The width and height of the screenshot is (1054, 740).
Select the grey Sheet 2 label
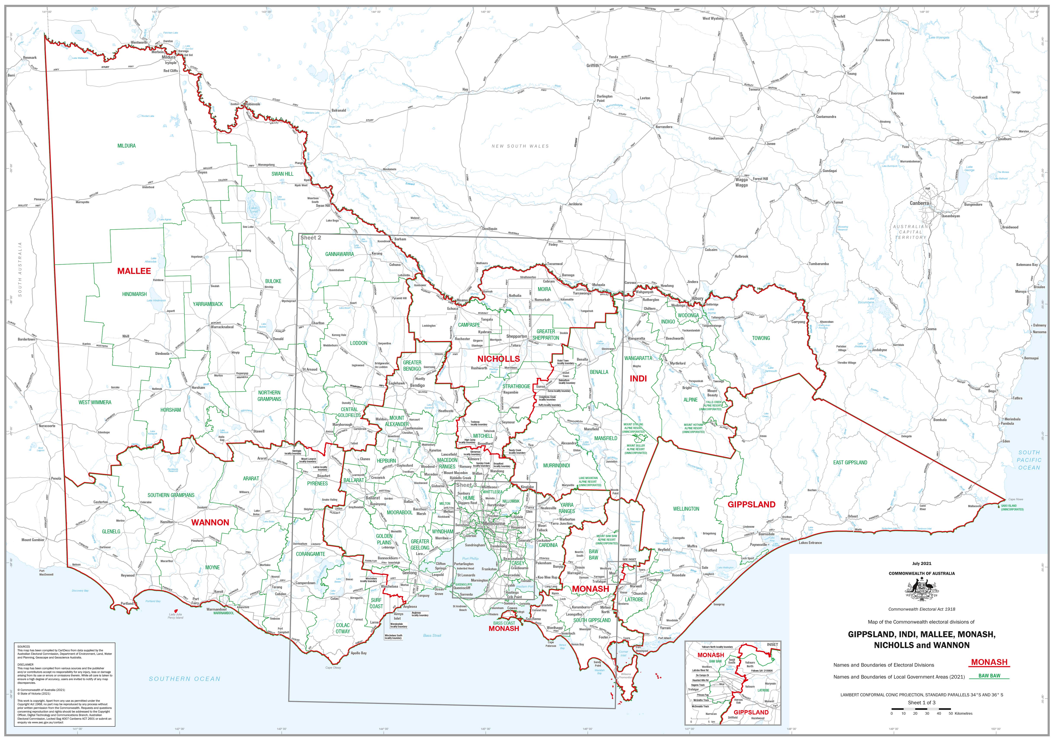(x=311, y=238)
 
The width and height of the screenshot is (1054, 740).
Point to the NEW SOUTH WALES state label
(x=520, y=146)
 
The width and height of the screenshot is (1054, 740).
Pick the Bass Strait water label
(x=432, y=635)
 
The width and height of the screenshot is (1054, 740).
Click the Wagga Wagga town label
(x=741, y=182)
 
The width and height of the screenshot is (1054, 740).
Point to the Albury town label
(x=698, y=298)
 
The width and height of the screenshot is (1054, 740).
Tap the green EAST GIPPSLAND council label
(x=850, y=462)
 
